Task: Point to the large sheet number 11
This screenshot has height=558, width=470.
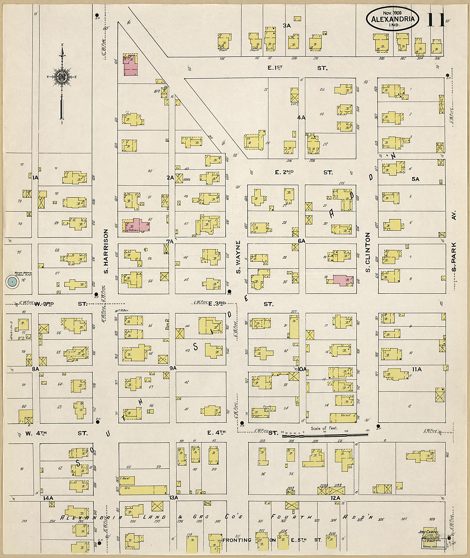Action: (x=436, y=20)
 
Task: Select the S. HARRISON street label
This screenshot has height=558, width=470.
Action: (x=106, y=251)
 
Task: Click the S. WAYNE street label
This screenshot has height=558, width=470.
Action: (x=238, y=257)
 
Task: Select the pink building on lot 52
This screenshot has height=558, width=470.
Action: (x=138, y=225)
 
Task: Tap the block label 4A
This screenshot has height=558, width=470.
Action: (x=301, y=118)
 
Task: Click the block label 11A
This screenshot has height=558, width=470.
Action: (x=417, y=369)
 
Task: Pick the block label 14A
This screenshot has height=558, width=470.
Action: (x=48, y=498)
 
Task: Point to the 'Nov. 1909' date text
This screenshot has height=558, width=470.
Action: (x=392, y=13)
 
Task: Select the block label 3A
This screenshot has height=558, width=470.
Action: (x=286, y=26)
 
